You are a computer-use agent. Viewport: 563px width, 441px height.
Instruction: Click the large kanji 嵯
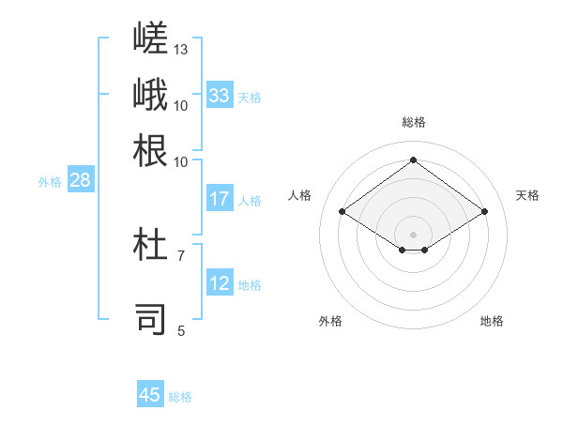point(150,38)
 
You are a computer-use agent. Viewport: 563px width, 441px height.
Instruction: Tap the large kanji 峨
point(150,94)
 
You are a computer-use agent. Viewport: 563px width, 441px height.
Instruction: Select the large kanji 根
point(150,150)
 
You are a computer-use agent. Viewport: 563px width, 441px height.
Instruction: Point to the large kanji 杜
point(150,244)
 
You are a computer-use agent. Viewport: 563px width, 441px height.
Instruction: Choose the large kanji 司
point(150,319)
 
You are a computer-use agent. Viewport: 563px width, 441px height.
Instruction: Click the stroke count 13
point(180,50)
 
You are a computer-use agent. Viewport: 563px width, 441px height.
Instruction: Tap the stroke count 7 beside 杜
point(181,256)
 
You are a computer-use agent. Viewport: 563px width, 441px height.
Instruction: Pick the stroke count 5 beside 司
point(181,331)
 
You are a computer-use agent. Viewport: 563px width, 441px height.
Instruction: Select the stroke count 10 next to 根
point(180,162)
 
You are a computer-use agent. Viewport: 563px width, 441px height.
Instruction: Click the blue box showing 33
point(220,95)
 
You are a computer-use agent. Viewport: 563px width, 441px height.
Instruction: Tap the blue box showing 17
point(220,198)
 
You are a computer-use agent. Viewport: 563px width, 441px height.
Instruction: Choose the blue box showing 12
point(220,281)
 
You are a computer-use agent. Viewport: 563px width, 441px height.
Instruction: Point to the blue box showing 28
point(81,179)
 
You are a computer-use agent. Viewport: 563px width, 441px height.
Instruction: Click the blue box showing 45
point(150,393)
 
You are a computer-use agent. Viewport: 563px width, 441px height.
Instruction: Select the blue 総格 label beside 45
point(180,397)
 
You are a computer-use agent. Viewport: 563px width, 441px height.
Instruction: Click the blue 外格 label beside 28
point(50,182)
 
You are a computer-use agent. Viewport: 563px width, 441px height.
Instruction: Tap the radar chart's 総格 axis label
point(414,122)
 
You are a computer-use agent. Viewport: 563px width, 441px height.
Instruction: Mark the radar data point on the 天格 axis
point(485,211)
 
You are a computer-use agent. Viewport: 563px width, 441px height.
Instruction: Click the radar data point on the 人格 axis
point(342,211)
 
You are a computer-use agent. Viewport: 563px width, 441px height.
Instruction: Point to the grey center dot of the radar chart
point(413,235)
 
